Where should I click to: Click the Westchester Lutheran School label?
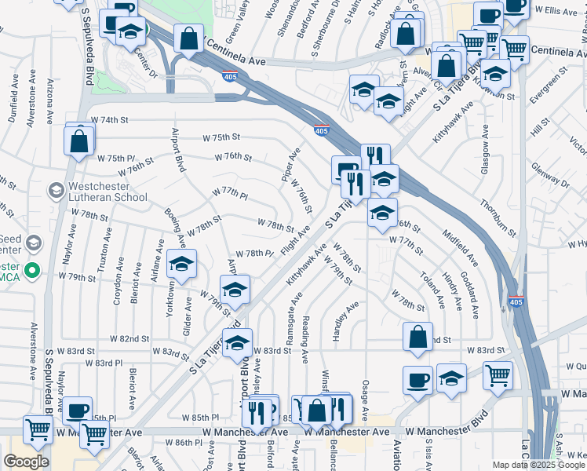(x=107, y=192)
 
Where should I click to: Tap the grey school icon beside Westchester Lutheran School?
(x=56, y=190)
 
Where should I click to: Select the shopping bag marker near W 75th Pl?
(x=79, y=141)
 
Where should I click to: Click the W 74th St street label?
(x=108, y=120)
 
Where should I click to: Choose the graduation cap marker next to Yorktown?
(x=181, y=265)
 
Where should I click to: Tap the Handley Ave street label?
(x=345, y=320)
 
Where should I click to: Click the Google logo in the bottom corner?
(x=26, y=462)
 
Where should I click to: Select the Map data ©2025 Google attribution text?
(x=538, y=465)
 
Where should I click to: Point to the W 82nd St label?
(x=130, y=338)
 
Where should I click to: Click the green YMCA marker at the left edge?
(x=32, y=272)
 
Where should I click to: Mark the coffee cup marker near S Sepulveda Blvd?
(x=77, y=411)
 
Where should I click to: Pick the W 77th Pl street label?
(x=229, y=192)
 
